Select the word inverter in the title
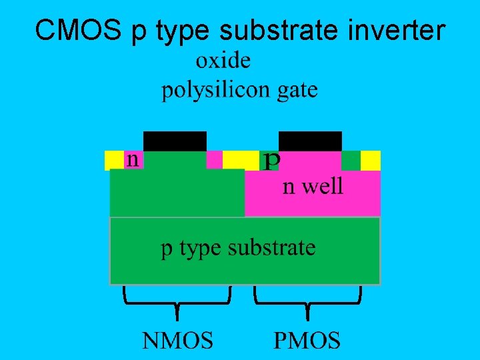point(395,29)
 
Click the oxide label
point(223,61)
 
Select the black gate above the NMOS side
point(175,141)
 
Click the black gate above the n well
point(310,141)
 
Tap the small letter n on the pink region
point(133,159)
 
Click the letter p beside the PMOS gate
point(272,161)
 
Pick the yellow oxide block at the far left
point(114,160)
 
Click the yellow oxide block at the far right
point(371,160)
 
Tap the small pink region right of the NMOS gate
point(214,160)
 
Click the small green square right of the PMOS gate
point(351,160)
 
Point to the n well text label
point(313,186)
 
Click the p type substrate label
point(238,248)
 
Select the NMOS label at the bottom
point(177,341)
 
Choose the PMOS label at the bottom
point(307,341)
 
